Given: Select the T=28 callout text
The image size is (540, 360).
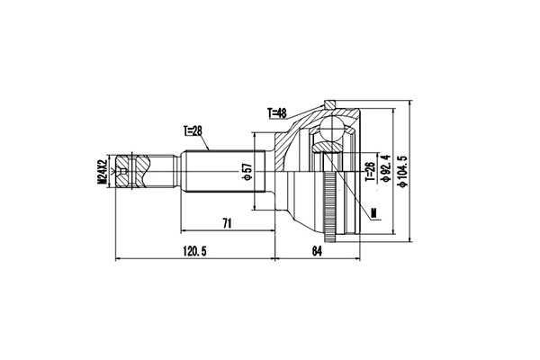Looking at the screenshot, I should [x=194, y=130].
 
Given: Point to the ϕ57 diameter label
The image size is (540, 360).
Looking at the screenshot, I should [x=245, y=171].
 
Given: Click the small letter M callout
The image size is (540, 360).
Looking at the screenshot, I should [x=373, y=212].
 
